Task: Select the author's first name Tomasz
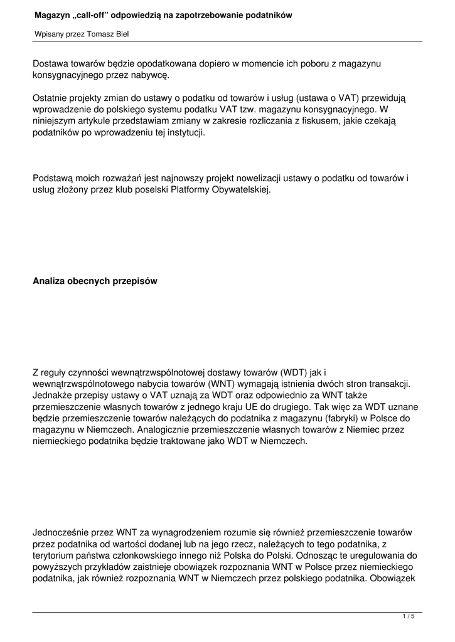99,34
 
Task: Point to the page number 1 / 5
409,618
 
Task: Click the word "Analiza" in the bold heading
50,282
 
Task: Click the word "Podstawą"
53,178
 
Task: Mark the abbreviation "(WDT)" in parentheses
294,372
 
